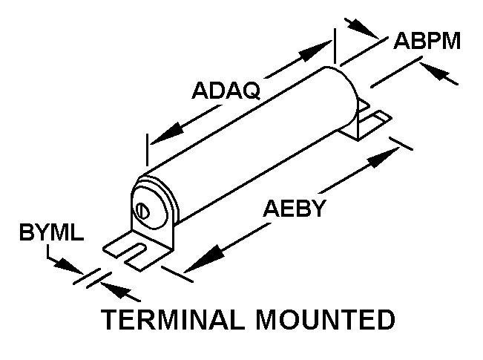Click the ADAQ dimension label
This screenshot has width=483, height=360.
coord(225,91)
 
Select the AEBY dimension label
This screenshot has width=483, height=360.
coord(295,208)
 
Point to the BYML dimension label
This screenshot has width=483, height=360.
coord(51,235)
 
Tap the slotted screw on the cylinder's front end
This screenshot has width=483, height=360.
coord(144,210)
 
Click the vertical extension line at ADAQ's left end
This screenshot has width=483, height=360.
coord(148,151)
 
